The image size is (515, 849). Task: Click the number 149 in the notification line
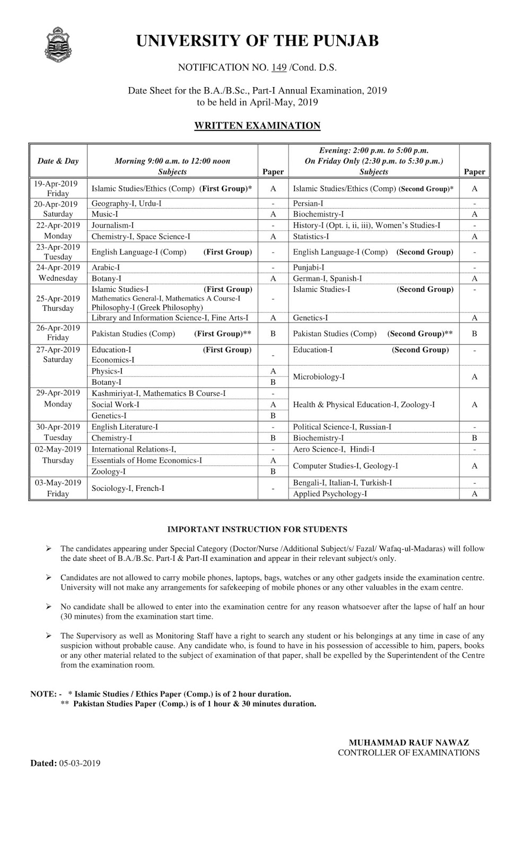pos(279,67)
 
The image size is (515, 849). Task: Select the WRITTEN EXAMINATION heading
pos(257,126)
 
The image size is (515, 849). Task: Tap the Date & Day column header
pos(58,161)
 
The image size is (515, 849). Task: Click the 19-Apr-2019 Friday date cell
pos(58,188)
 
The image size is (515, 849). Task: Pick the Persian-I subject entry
pos(308,203)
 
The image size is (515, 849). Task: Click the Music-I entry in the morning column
pos(105,214)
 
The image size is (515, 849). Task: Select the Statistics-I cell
pos(311,237)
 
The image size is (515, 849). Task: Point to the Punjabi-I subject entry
pos(309,267)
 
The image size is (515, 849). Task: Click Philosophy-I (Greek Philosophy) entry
pos(147,308)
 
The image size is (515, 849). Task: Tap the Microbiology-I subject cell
pos(319,377)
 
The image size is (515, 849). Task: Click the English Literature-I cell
pos(125,427)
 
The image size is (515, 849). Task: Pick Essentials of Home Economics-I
pos(146,461)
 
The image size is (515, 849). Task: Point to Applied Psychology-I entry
pos(330,494)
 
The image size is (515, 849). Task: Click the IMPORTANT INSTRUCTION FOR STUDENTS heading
pos(257,529)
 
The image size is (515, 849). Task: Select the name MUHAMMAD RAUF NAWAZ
pos(409,743)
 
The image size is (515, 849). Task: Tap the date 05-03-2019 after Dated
pos(80,763)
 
